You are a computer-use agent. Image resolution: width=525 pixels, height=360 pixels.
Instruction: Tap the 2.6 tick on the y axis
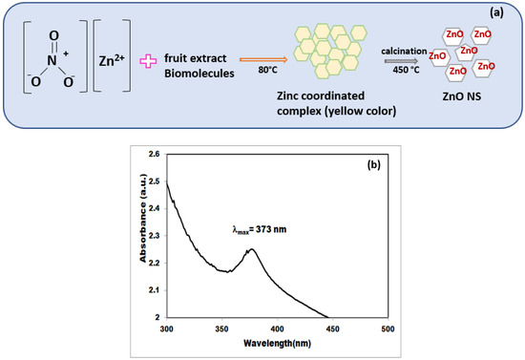pos(154,153)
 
